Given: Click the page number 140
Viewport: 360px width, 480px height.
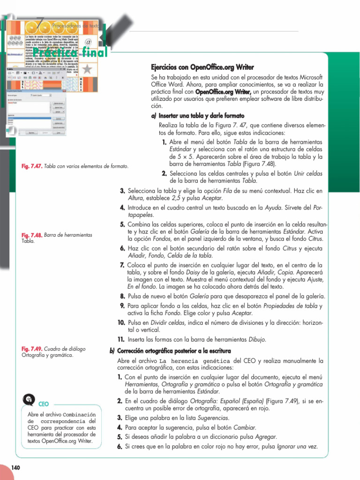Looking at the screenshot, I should tap(15, 467).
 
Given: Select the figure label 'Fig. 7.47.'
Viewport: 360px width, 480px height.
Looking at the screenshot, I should tap(32, 166).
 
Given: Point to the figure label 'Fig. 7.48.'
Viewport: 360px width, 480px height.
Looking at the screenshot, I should tap(32, 235).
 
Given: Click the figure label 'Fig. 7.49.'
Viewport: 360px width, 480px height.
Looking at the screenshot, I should tap(32, 349).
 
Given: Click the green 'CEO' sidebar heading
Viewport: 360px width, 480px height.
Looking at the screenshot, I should tap(44, 404).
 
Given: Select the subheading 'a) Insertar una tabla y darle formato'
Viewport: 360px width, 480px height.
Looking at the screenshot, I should tap(197, 115).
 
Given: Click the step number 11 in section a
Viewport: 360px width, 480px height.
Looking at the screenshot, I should tap(120, 339).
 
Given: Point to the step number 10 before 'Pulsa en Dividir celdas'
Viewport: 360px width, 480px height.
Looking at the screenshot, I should tap(121, 323).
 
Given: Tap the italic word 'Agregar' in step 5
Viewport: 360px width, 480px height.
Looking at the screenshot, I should tap(264, 437).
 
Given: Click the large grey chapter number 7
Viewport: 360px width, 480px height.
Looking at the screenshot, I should tap(41, 21).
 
